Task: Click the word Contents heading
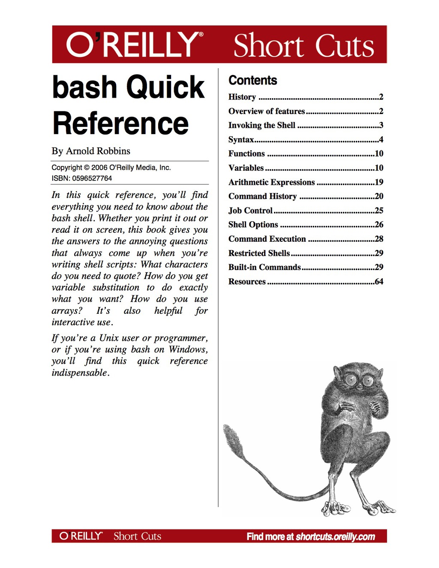pos(253,80)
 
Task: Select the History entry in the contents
pos(242,97)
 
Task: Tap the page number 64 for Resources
pos(379,282)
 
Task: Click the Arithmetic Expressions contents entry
pos(271,182)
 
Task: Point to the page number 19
pos(379,182)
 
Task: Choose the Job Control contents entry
pos(250,210)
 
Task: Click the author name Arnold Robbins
pos(98,151)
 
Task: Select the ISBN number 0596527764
pos(92,178)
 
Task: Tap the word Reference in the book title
pos(120,123)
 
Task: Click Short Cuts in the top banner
pos(304,45)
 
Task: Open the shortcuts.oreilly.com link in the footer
pos(335,537)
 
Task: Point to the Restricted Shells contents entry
pos(259,253)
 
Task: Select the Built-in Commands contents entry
pos(265,267)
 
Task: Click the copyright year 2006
pos(99,168)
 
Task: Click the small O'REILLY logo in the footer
pos(81,536)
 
